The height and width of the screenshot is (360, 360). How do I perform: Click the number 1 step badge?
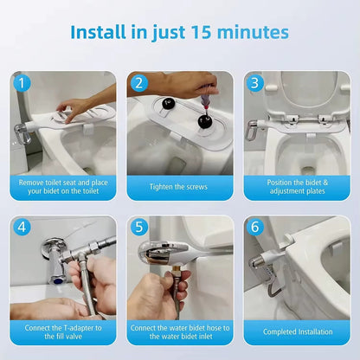(x=22, y=84)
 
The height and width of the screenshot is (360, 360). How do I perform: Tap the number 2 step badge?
(x=139, y=84)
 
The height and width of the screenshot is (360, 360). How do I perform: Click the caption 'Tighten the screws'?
(x=179, y=187)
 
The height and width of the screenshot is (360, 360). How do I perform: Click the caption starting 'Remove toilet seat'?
(x=62, y=187)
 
